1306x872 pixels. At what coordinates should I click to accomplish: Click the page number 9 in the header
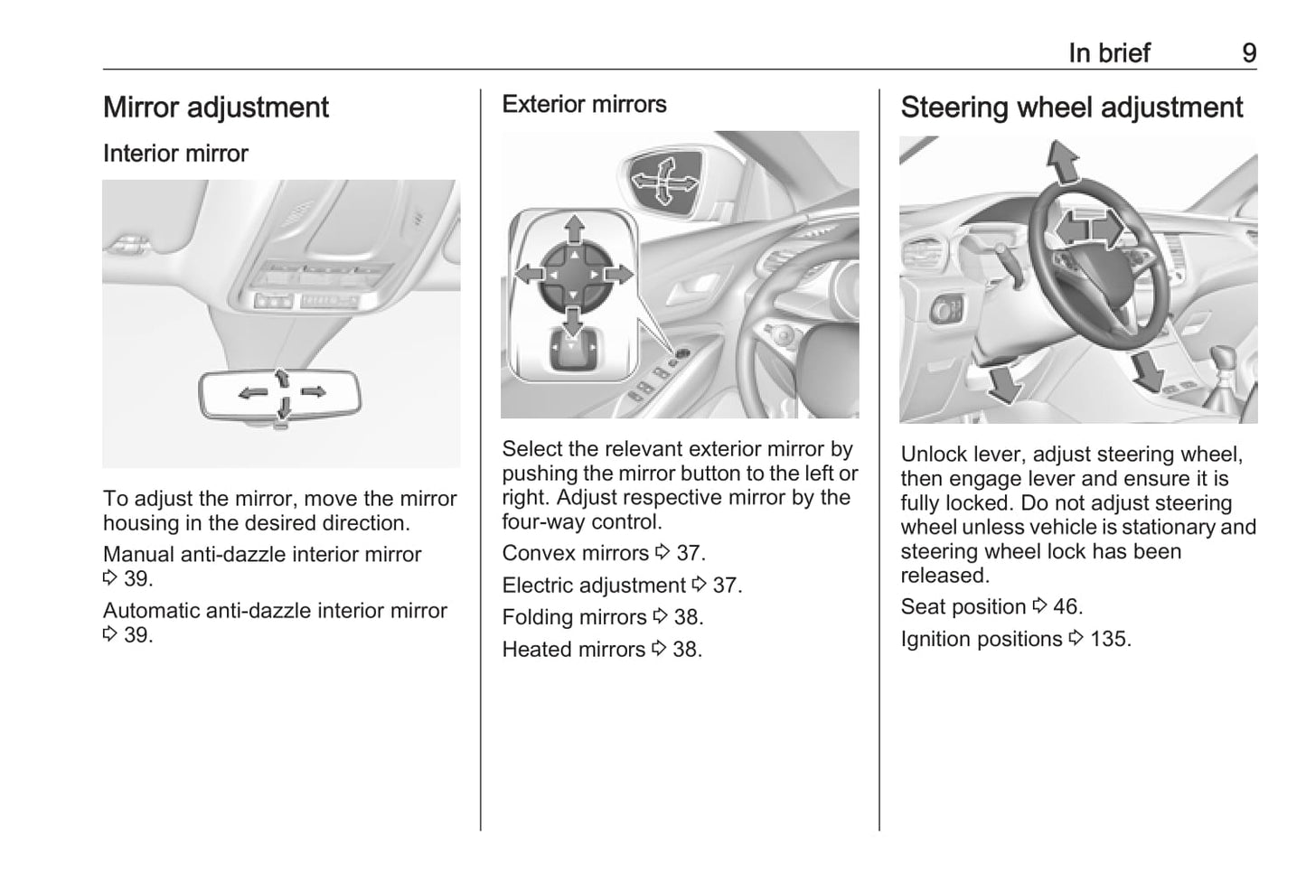tap(1249, 53)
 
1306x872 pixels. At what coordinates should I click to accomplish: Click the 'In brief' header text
tap(1109, 53)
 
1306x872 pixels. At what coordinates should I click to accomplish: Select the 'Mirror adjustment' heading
tap(216, 108)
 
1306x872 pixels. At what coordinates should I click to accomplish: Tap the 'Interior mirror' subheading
tap(175, 154)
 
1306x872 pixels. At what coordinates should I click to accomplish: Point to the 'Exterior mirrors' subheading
tap(584, 104)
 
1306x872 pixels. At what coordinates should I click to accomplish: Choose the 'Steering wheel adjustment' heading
tap(1072, 108)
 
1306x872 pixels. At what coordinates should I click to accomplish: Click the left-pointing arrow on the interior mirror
tap(253, 393)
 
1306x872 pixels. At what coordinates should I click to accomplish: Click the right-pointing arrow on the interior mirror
tap(314, 391)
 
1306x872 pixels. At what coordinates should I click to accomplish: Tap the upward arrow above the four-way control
tap(575, 230)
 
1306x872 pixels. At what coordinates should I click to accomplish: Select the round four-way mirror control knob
tap(575, 275)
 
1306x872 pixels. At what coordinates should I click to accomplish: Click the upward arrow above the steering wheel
tap(1063, 162)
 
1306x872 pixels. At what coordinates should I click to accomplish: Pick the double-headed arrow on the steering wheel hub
tap(1089, 228)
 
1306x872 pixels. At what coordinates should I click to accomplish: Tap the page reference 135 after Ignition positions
tap(1110, 640)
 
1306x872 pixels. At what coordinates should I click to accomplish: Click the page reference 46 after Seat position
tap(1067, 607)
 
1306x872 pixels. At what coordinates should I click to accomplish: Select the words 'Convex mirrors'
tap(576, 553)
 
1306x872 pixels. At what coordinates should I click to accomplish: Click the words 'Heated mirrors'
tap(574, 650)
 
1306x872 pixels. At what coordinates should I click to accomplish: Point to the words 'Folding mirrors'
tap(574, 617)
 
